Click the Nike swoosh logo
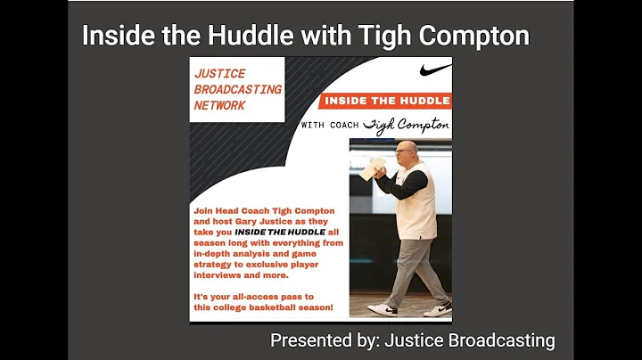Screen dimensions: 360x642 [435, 70]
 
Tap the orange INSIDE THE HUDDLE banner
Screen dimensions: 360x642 [386, 101]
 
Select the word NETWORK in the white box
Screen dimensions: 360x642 [219, 105]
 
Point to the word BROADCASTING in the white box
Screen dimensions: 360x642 [238, 89]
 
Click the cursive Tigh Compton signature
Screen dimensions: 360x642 [411, 125]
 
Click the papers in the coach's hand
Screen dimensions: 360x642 [374, 165]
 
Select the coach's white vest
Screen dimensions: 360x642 [416, 200]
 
